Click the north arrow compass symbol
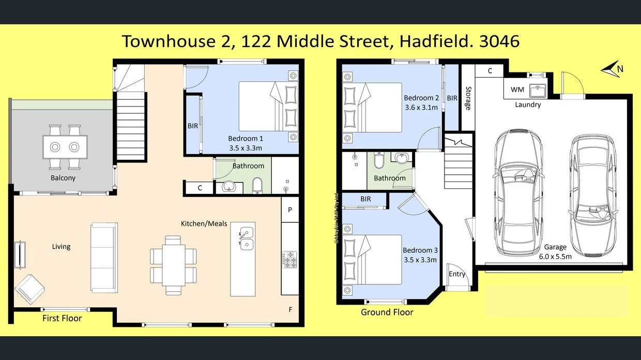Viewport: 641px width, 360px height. [612, 69]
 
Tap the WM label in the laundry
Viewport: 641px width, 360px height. [517, 89]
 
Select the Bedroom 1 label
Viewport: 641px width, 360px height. [246, 139]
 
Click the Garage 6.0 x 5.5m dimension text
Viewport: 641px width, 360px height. [555, 256]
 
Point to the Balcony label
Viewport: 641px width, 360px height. [63, 178]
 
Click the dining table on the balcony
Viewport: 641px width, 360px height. [65, 147]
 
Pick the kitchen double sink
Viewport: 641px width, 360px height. [246, 238]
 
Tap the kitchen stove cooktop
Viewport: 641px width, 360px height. [289, 259]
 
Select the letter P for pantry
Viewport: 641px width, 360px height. [290, 209]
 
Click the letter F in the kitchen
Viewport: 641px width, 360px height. [291, 310]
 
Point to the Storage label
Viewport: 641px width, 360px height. [468, 98]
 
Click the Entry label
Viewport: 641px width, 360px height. [457, 274]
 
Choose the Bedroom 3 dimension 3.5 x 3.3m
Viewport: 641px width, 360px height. [420, 260]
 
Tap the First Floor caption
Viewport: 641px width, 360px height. [62, 318]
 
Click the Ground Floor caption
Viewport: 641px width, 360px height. [387, 312]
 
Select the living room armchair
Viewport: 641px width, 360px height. [29, 288]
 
